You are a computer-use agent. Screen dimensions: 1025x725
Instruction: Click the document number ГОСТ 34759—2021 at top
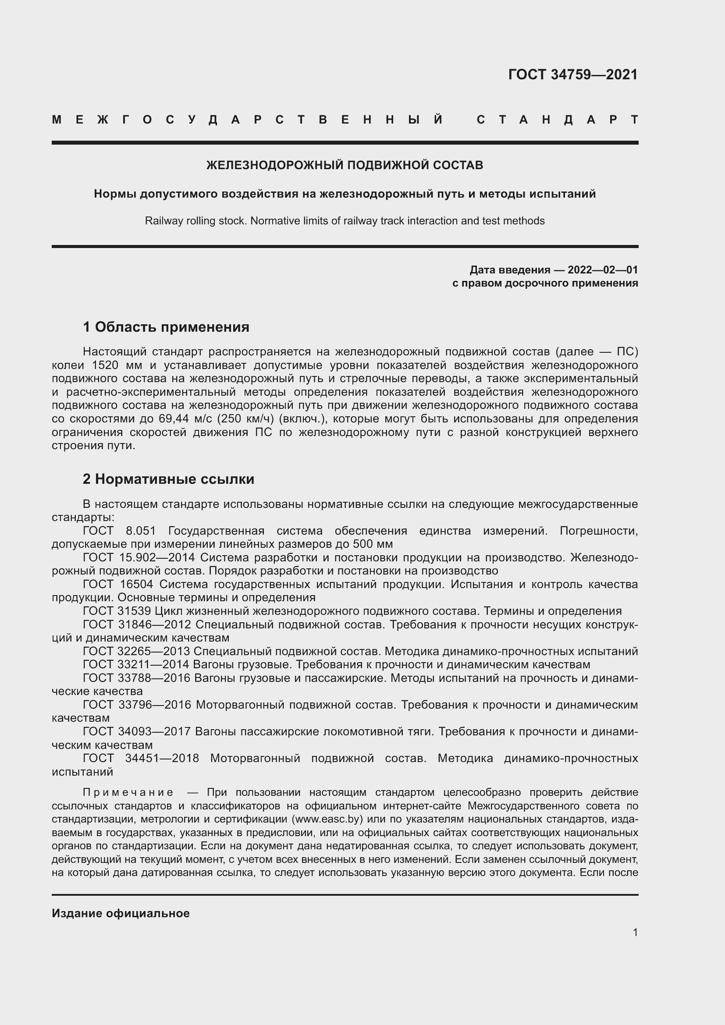pyautogui.click(x=573, y=74)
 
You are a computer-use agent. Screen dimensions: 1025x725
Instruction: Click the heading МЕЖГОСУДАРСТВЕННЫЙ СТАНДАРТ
pyautogui.click(x=345, y=120)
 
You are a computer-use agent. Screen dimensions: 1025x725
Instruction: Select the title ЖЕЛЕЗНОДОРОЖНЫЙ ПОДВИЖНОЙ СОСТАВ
pyautogui.click(x=345, y=165)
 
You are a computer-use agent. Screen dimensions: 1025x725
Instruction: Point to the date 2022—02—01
pyautogui.click(x=603, y=270)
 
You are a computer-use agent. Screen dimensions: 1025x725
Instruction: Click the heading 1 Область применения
pyautogui.click(x=166, y=327)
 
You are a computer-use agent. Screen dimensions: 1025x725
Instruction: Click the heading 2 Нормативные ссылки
pyautogui.click(x=168, y=479)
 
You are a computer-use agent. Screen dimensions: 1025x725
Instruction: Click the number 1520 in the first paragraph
pyautogui.click(x=105, y=365)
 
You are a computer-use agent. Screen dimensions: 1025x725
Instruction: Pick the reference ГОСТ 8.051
pyautogui.click(x=119, y=531)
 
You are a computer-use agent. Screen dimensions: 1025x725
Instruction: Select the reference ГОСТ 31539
pyautogui.click(x=118, y=611)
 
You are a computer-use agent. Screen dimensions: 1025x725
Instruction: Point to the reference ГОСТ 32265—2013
pyautogui.click(x=136, y=651)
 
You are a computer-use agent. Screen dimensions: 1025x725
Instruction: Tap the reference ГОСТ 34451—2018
pyautogui.click(x=141, y=759)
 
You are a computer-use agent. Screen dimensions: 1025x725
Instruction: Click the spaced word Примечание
pyautogui.click(x=128, y=792)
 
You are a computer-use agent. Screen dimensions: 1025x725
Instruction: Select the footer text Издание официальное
pyautogui.click(x=121, y=913)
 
